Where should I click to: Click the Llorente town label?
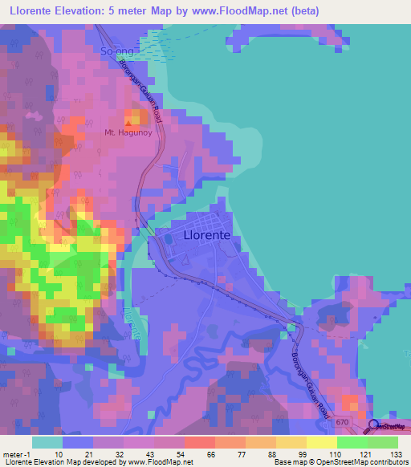[207, 236]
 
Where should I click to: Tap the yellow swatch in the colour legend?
[321, 442]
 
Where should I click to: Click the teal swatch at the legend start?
[47, 442]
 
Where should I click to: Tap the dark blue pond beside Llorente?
[169, 239]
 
